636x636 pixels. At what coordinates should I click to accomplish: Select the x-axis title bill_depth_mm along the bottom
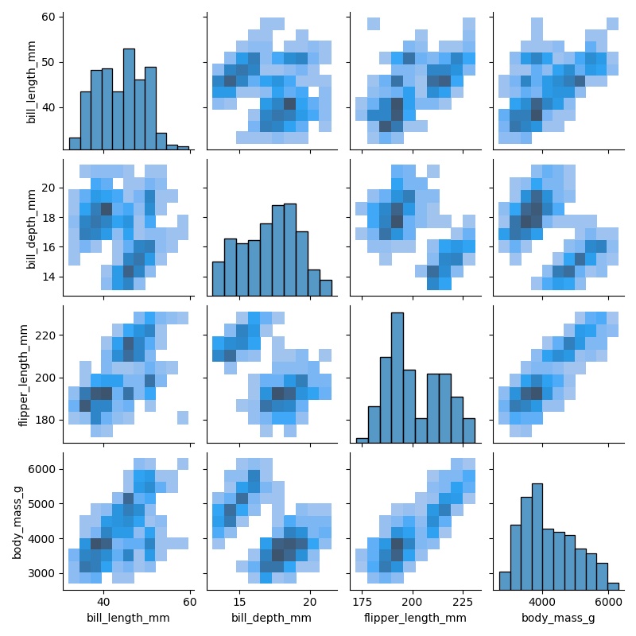(271, 617)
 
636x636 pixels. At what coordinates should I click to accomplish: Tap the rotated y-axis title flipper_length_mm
(25, 375)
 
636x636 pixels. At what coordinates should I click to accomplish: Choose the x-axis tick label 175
(363, 601)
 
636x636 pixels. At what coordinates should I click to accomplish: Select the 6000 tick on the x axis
(608, 601)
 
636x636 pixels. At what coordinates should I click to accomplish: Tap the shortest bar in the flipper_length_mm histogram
(362, 440)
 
